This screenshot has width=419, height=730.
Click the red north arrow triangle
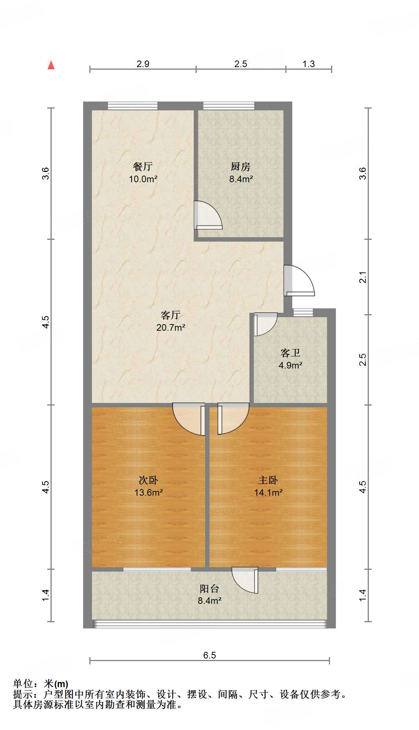(51, 65)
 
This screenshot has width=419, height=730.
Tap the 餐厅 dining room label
(143, 166)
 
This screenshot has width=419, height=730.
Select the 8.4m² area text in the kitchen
(241, 179)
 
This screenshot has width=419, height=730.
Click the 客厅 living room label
(171, 315)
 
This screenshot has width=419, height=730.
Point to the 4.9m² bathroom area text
(290, 365)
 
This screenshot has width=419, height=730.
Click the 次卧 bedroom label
(148, 480)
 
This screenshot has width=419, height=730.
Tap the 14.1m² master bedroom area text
(268, 492)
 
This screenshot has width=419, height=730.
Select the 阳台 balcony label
(209, 588)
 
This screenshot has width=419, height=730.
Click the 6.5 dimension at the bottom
(209, 655)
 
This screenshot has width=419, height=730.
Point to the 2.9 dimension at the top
(143, 64)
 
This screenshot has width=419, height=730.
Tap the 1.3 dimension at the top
(308, 64)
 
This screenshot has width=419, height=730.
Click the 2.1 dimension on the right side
(363, 277)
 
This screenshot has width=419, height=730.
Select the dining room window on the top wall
(133, 106)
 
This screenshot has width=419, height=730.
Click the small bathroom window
(303, 312)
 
